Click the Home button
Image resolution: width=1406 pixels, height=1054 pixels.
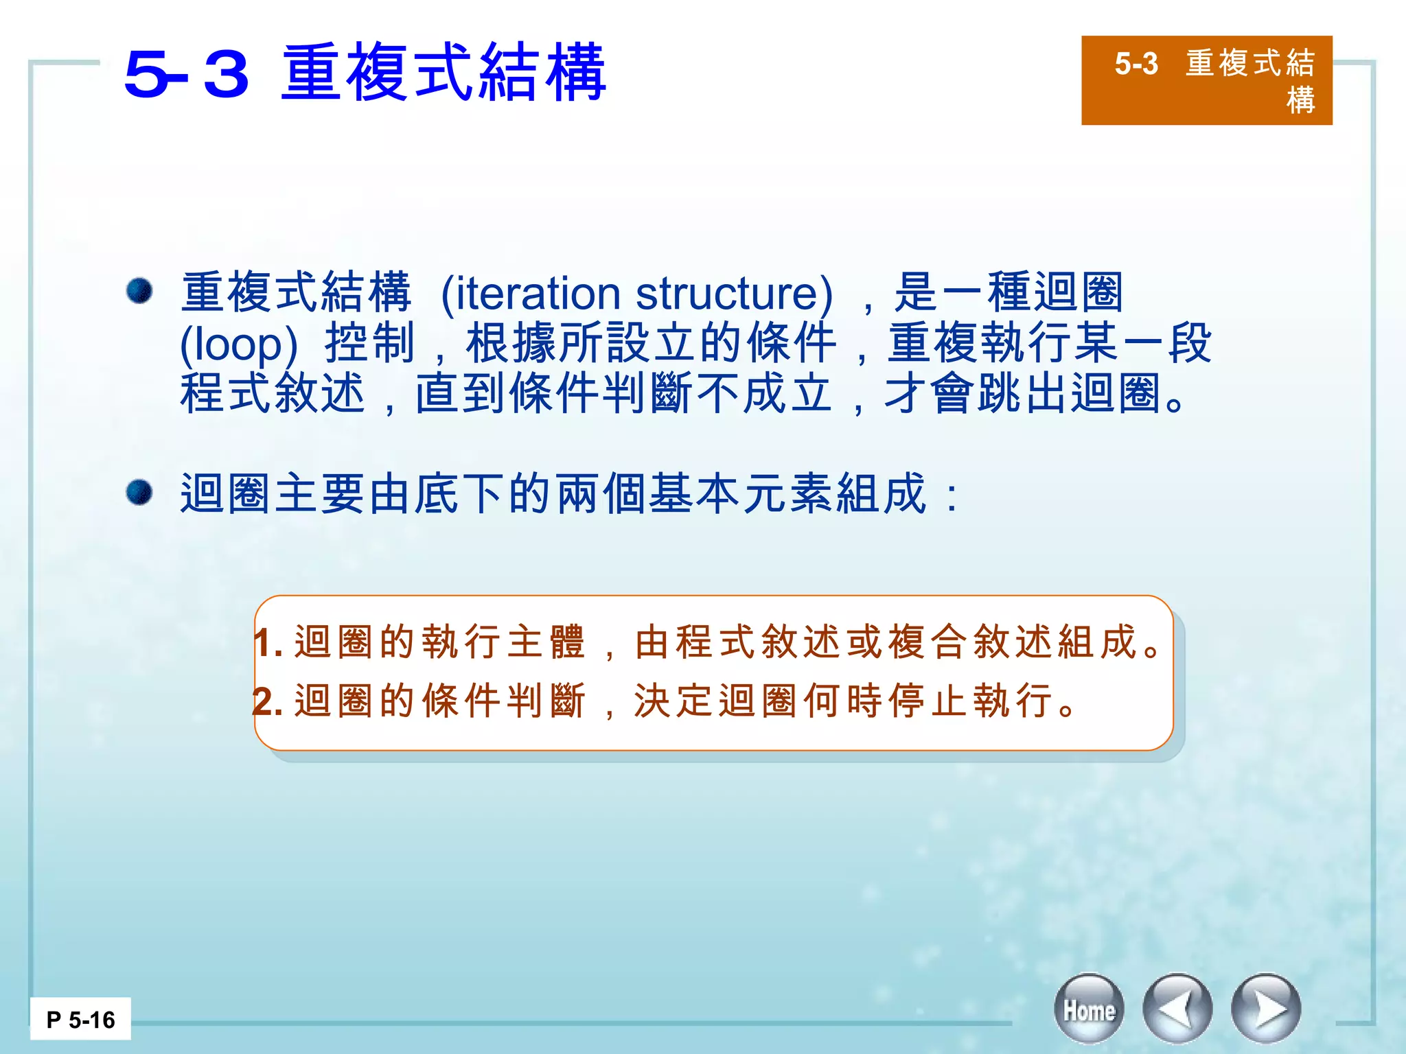click(1089, 1009)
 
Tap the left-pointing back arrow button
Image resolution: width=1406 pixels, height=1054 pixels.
click(1177, 1009)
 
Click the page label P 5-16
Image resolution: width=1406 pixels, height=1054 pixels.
click(80, 1020)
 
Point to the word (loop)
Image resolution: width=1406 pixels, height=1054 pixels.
click(238, 344)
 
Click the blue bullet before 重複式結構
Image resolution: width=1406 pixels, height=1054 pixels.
click(139, 290)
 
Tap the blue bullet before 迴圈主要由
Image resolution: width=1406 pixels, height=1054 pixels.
click(139, 492)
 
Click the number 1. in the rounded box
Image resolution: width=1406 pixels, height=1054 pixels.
click(268, 643)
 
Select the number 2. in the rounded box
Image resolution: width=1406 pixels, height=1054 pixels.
click(268, 701)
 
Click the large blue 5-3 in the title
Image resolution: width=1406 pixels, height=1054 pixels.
click(186, 74)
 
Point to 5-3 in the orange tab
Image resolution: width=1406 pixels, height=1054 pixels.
click(1136, 64)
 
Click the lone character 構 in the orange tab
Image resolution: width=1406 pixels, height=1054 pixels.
click(1300, 100)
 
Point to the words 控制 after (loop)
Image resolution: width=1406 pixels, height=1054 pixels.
click(370, 344)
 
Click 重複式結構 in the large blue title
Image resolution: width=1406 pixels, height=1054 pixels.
click(443, 73)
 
